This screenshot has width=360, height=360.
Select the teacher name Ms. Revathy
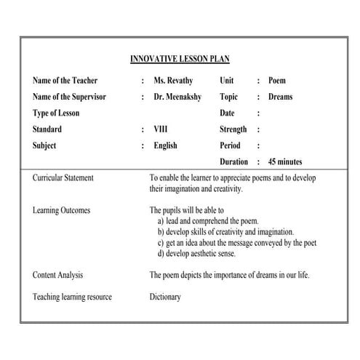pyautogui.click(x=173, y=81)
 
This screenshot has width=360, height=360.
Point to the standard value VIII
pyautogui.click(x=161, y=129)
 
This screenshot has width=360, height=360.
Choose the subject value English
pyautogui.click(x=166, y=145)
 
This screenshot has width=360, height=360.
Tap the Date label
pyautogui.click(x=228, y=113)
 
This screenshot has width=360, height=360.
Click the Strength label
pyautogui.click(x=233, y=129)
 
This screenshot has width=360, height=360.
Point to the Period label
pyautogui.click(x=230, y=145)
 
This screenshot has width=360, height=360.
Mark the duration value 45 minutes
pyautogui.click(x=285, y=161)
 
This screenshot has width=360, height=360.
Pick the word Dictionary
pyautogui.click(x=165, y=297)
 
